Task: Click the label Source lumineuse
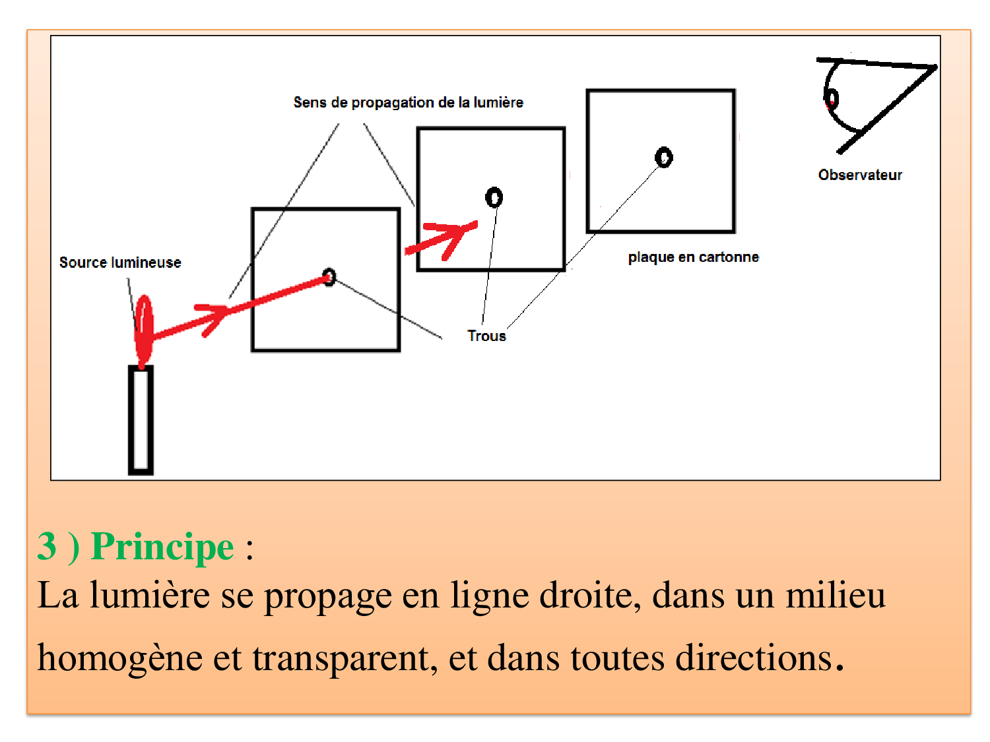[120, 263]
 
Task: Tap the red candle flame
[143, 330]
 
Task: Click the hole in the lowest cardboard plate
[329, 277]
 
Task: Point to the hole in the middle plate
[494, 197]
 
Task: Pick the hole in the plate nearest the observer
[663, 157]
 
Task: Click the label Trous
[486, 336]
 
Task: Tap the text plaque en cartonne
[693, 257]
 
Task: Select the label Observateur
[859, 175]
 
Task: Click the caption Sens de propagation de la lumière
[408, 102]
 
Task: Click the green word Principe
[162, 547]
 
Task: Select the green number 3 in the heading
[47, 546]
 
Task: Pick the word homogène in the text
[119, 658]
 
